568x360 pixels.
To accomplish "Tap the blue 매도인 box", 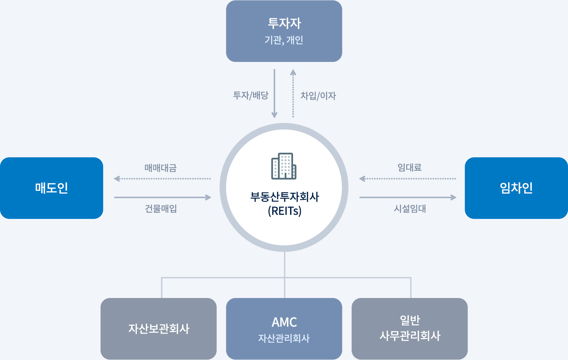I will (x=52, y=188).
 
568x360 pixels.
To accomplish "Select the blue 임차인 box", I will (x=516, y=188).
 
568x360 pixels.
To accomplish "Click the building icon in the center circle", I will (x=284, y=166).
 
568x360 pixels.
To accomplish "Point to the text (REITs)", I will (x=284, y=211).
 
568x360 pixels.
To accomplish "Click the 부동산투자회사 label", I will (x=284, y=197).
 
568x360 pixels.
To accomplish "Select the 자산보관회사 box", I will (x=158, y=329).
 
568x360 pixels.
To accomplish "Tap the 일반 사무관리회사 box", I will (x=410, y=329).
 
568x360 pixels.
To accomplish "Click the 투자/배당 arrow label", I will (x=251, y=96).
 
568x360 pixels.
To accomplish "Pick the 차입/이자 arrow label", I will (x=318, y=96).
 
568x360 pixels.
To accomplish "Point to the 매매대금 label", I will (x=160, y=168).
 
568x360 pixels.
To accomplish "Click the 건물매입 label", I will (x=161, y=209).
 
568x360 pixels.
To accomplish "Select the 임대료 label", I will (x=410, y=168).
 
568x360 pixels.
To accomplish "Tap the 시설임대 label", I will (x=410, y=209).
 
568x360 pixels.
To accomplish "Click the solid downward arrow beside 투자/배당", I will (x=274, y=94).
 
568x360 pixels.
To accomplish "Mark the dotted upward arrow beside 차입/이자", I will (x=293, y=94).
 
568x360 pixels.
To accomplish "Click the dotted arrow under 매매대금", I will (x=162, y=179).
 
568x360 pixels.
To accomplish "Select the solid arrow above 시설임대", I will (x=408, y=197).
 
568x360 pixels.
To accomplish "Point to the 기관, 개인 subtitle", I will (x=284, y=40).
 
